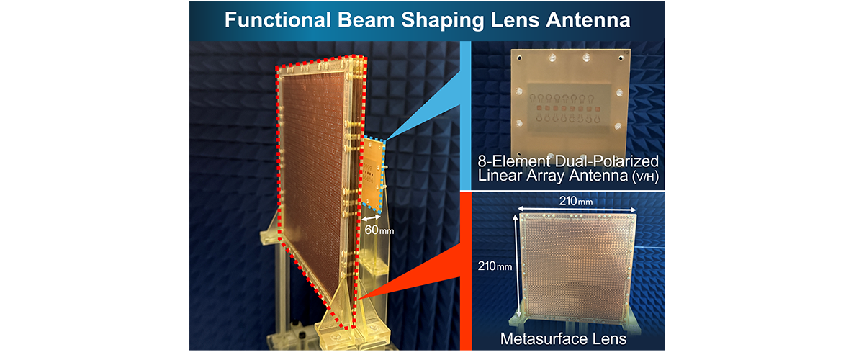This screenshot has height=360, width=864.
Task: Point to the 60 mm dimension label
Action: (375, 230)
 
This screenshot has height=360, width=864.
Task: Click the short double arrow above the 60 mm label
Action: (371, 217)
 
